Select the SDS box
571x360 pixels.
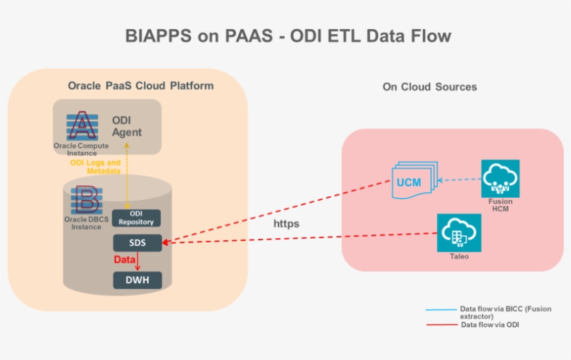tap(137, 242)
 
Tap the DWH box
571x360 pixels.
tap(137, 280)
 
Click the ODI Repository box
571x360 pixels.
tap(137, 218)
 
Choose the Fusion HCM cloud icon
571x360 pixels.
tap(500, 179)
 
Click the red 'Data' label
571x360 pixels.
tap(125, 260)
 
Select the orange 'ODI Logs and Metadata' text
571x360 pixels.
tap(95, 167)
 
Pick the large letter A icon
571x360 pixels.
tap(84, 125)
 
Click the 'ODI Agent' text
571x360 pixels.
tap(127, 126)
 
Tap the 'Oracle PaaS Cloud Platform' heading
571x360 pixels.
tap(141, 86)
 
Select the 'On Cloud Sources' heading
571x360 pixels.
tap(430, 87)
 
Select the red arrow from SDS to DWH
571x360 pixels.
tap(138, 261)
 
